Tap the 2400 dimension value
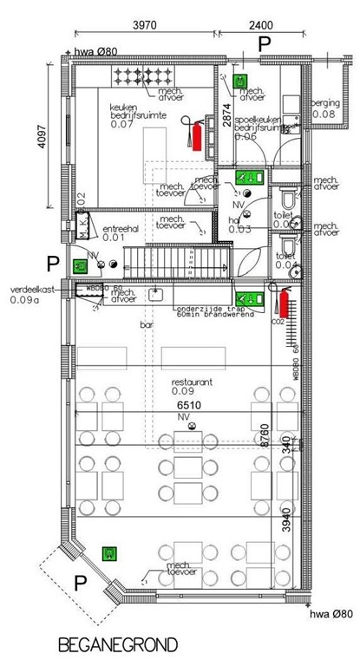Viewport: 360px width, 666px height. tap(261, 27)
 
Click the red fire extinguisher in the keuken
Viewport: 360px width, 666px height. tap(197, 135)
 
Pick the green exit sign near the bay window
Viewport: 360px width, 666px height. tap(109, 552)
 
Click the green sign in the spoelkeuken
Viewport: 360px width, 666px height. tap(243, 82)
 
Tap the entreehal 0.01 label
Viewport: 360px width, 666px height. tap(121, 232)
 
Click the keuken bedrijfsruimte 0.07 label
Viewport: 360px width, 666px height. tap(137, 114)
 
